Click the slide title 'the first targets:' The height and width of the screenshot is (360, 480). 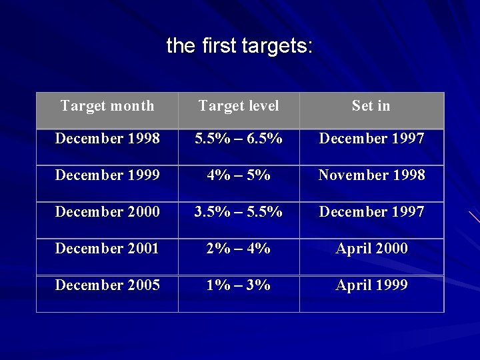(239, 46)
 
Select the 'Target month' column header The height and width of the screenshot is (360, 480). (107, 106)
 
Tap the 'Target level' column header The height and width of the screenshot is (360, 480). (239, 106)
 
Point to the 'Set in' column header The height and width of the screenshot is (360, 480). (371, 106)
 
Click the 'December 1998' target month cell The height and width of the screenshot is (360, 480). (107, 139)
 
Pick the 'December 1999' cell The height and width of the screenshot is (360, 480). (107, 175)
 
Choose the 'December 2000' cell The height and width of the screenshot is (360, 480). (107, 212)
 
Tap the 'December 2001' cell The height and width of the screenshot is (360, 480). (107, 249)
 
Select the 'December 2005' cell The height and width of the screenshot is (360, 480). (107, 285)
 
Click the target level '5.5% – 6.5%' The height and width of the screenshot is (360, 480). (239, 139)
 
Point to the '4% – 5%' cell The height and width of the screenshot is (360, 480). (239, 175)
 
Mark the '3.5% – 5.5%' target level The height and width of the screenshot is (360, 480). (239, 212)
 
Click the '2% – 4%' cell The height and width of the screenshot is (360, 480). (239, 249)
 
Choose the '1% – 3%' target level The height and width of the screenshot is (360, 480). (239, 285)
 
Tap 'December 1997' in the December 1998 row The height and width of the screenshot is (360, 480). (371, 139)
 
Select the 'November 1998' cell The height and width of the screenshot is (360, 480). (371, 175)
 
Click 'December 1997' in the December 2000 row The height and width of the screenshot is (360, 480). (371, 212)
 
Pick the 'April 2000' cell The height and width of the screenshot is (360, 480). (371, 249)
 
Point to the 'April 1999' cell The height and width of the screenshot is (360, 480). (371, 285)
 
